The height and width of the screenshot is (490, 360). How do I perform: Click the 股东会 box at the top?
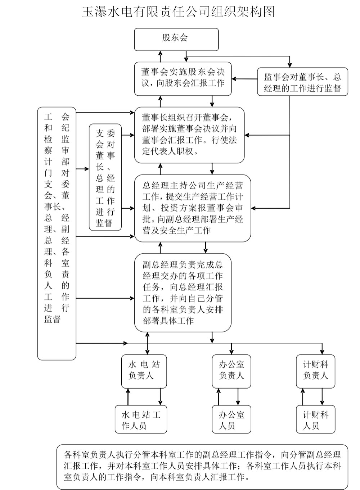pos(176,39)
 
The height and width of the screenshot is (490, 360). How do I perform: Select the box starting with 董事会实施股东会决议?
pos(183,78)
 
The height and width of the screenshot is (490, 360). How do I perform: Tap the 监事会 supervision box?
pos(302,82)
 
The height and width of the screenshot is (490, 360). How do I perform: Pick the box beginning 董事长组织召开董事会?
pos(189,135)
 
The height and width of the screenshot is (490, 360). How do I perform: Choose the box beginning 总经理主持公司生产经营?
pos(192,208)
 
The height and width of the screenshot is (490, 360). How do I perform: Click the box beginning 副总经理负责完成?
pos(183,292)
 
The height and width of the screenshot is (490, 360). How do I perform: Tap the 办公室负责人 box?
pos(231,371)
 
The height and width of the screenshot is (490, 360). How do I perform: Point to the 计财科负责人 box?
pos(315,371)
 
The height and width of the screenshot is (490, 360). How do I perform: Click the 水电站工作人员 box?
pos(141,419)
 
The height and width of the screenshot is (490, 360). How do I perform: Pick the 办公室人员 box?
pos(231,419)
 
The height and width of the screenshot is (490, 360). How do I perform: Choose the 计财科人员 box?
pos(315,419)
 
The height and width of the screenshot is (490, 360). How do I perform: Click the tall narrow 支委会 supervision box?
pos(105,177)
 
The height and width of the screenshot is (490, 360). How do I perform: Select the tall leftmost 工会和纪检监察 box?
pos(57,233)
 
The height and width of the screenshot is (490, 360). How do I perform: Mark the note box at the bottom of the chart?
pos(202,467)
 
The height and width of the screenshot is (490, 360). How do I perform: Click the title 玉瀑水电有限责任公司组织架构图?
pos(179,12)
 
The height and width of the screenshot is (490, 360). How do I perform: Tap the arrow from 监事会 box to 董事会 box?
pos(244,78)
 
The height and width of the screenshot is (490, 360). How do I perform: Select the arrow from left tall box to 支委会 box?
pos(83,169)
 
